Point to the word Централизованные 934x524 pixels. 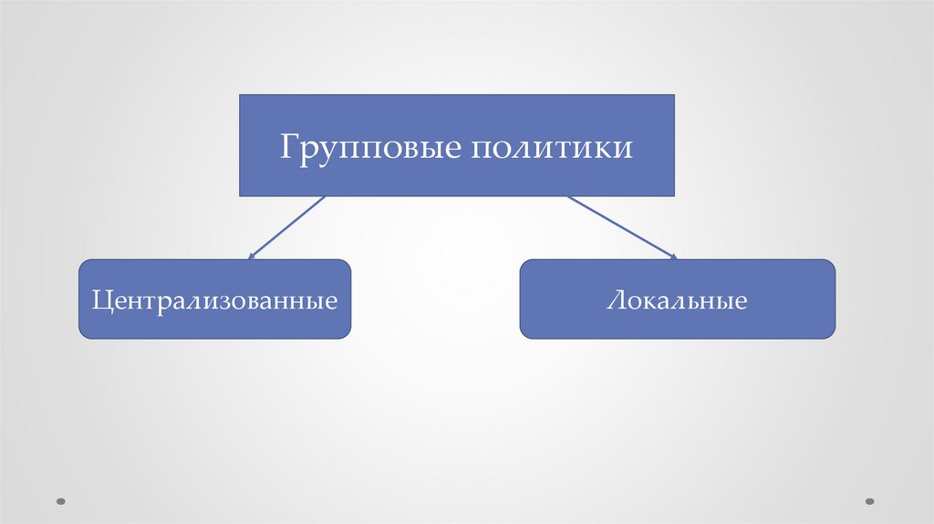point(214,299)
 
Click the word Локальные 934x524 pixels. point(677,300)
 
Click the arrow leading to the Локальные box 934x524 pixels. point(622,227)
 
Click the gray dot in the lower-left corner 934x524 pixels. point(61,500)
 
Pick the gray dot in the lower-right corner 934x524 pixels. point(869,500)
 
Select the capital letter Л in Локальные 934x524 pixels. point(614,300)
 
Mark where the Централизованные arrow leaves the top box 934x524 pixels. point(324,197)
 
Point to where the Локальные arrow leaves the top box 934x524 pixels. point(568,197)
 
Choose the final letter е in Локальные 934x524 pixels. point(741,302)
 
